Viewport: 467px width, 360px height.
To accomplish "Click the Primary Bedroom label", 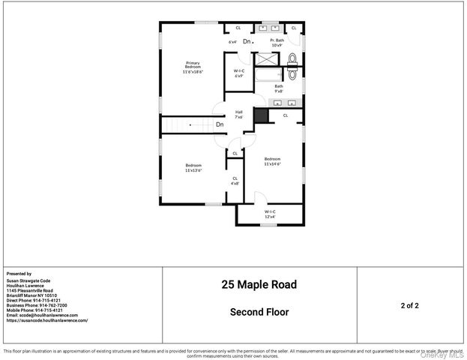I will [193, 67].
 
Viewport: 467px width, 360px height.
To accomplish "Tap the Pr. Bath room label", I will [277, 42].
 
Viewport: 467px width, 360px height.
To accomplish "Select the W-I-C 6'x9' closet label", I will [238, 73].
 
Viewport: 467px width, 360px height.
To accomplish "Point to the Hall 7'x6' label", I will [238, 115].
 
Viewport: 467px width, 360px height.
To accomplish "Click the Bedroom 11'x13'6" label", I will [193, 168].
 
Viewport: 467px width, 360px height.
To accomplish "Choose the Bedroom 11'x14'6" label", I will [271, 161].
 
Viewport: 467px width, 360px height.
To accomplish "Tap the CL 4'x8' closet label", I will [235, 180].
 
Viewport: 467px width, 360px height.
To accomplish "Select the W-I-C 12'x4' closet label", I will [270, 214].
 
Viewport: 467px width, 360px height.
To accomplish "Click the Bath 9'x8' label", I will [278, 88].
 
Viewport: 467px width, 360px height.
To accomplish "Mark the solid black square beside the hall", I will [261, 115].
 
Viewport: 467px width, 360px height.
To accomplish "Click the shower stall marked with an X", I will [266, 58].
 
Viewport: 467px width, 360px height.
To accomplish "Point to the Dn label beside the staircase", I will [220, 124].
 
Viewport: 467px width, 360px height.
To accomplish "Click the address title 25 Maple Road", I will [259, 285].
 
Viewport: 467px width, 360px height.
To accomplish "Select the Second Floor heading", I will [259, 312].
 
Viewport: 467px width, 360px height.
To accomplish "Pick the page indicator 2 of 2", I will [409, 306].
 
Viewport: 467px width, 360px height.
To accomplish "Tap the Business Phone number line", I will [37, 306].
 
